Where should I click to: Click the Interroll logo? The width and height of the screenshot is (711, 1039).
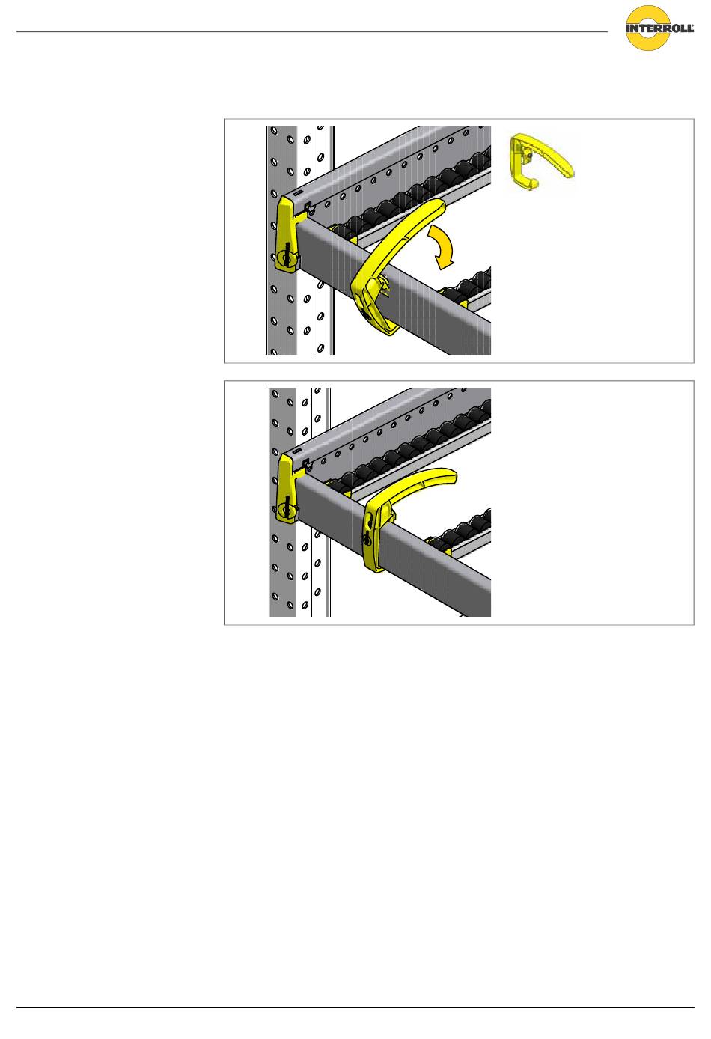pos(659,28)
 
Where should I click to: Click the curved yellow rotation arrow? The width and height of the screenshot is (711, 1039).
pos(442,246)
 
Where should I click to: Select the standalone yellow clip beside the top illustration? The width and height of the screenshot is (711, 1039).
pos(540,162)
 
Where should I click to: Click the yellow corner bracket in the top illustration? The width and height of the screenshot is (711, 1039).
pos(288,234)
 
